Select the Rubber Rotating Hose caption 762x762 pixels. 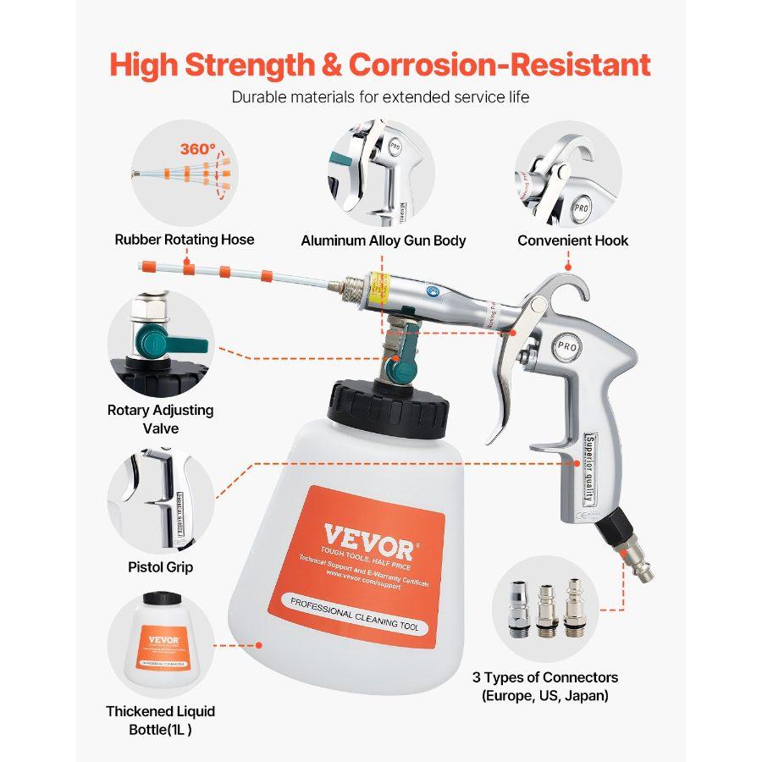[185, 240]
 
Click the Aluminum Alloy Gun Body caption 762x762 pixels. [384, 240]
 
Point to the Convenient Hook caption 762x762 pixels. [573, 240]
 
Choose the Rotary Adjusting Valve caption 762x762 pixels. [160, 419]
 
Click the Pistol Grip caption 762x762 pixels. [160, 566]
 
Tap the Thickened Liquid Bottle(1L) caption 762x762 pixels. [161, 721]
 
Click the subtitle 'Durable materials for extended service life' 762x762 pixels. [380, 97]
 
